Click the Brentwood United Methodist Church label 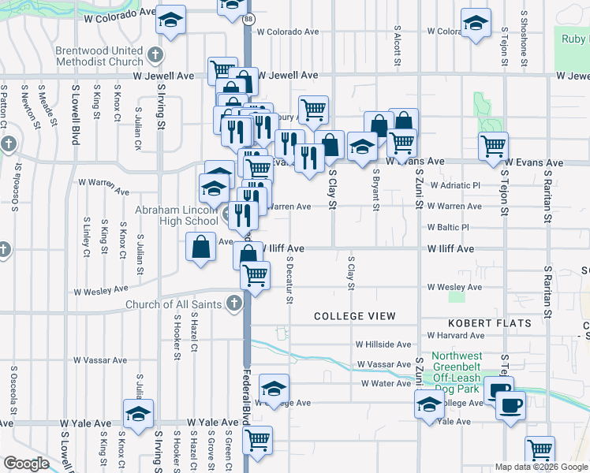99,55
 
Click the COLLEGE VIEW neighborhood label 354,316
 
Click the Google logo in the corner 25,464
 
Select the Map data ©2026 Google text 540,467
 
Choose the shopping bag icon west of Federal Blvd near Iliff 201,247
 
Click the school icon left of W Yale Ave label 138,414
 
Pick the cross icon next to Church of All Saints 233,304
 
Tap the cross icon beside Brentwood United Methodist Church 155,55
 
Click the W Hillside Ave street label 383,345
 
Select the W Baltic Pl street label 448,227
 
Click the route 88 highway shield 248,18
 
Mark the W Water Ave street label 386,384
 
